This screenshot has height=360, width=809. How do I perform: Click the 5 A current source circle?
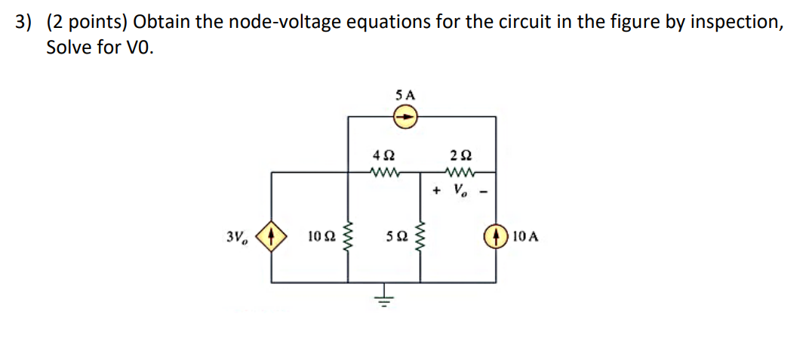click(x=405, y=117)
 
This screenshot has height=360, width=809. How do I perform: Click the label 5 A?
click(x=405, y=96)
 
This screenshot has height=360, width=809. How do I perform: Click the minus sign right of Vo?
click(x=481, y=190)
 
